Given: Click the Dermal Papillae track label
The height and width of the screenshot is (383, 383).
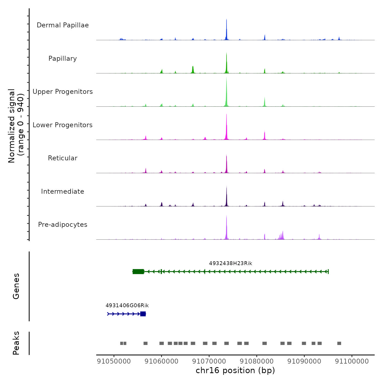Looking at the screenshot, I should [63, 25].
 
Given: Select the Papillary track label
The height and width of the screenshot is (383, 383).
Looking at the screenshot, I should [63, 59].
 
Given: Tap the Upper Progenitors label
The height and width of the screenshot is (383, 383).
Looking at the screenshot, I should [63, 92].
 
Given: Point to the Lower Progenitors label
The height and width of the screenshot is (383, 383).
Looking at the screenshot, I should [63, 125].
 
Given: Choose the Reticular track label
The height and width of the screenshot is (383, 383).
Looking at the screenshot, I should [63, 158].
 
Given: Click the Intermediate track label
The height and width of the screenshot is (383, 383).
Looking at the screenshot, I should [63, 191].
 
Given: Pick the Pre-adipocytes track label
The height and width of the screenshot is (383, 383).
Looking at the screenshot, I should [63, 225].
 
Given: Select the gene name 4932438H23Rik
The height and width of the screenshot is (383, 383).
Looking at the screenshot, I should [231, 263].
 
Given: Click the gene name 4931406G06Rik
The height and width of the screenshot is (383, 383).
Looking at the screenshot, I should [127, 306].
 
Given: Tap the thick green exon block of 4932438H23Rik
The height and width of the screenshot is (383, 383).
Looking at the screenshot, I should [138, 272].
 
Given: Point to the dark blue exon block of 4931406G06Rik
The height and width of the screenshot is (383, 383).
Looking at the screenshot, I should [143, 314].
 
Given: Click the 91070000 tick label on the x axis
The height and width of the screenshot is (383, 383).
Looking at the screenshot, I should [209, 361].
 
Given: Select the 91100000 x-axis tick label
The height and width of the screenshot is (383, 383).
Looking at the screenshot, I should [352, 361].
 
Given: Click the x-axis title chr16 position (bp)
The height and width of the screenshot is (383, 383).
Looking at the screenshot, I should [235, 370].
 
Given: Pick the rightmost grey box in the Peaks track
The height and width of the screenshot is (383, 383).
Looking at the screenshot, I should [339, 343].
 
